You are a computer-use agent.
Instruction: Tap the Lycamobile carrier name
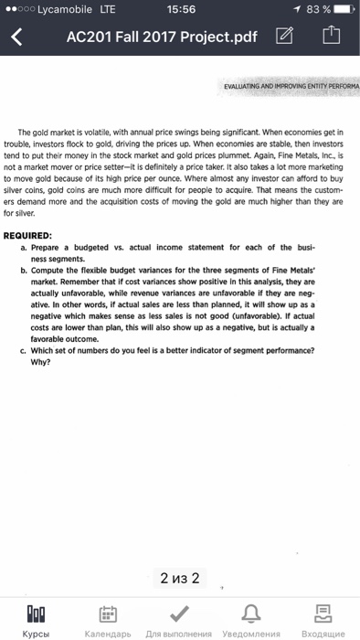click(61, 10)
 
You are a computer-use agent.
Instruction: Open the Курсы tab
click(37, 613)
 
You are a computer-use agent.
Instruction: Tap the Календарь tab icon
click(109, 610)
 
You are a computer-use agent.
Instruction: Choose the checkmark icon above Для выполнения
click(180, 610)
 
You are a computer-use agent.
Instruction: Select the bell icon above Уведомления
click(252, 610)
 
